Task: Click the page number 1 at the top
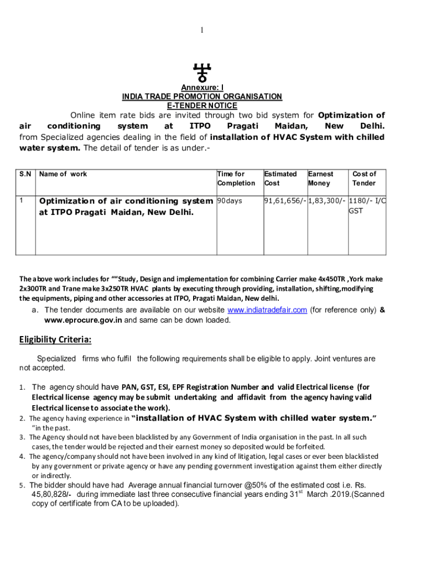(x=202, y=30)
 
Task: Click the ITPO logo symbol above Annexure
(x=202, y=72)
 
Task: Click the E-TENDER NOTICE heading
(x=202, y=106)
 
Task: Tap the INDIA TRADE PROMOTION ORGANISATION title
(x=202, y=97)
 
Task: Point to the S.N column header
(x=25, y=174)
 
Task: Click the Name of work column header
(x=63, y=174)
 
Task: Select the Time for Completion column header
(x=236, y=179)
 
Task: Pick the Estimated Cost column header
(x=280, y=179)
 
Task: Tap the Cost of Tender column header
(x=364, y=179)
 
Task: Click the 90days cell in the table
(x=230, y=201)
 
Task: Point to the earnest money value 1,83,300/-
(x=327, y=201)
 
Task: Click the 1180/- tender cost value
(x=360, y=201)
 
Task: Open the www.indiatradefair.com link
(x=267, y=310)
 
